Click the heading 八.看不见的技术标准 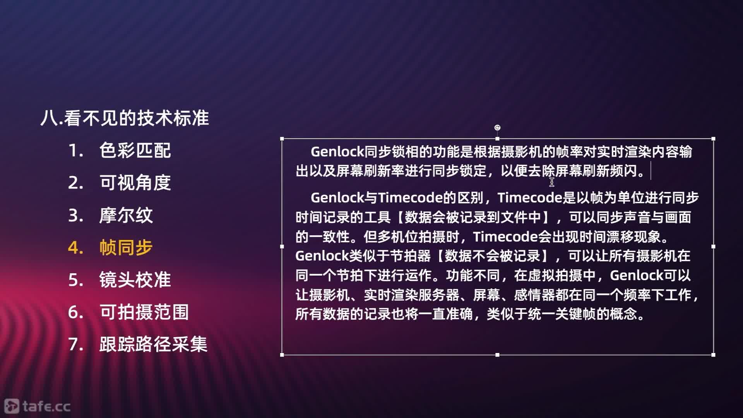tap(125, 118)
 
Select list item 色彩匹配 tap(135, 150)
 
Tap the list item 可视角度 tap(135, 182)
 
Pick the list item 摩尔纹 tap(126, 215)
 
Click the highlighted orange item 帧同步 tap(126, 247)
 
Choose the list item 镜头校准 tap(135, 279)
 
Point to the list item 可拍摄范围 tap(144, 312)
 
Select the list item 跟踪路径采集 tap(153, 344)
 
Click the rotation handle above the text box tap(497, 128)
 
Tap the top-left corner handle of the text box tap(282, 139)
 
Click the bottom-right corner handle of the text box tap(713, 355)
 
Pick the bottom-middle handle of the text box tap(497, 355)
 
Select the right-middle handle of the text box tap(713, 247)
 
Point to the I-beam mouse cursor tap(552, 182)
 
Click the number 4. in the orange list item tap(75, 248)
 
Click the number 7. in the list tap(75, 344)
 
